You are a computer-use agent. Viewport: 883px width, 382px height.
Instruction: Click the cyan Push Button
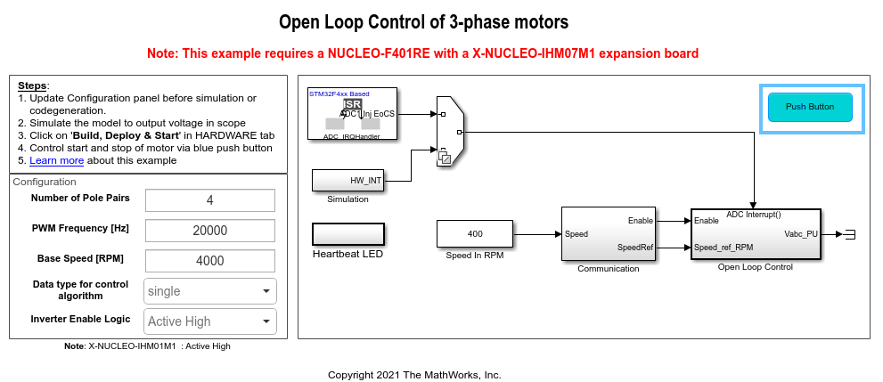tap(810, 107)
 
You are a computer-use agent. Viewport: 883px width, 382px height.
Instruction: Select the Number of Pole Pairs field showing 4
tap(210, 200)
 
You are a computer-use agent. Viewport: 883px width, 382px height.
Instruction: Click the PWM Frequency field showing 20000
tap(210, 231)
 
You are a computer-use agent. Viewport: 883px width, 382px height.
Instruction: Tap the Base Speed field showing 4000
tap(210, 261)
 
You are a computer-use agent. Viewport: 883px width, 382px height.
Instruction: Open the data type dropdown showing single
tap(210, 291)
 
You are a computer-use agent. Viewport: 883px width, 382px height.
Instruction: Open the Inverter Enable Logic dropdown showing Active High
tap(210, 321)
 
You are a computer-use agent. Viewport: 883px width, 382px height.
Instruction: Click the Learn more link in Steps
tap(56, 161)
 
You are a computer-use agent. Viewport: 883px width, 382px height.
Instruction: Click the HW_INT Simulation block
tap(347, 180)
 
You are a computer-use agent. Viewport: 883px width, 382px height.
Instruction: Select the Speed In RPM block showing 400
tap(475, 234)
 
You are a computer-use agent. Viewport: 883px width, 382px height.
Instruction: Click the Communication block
tap(608, 234)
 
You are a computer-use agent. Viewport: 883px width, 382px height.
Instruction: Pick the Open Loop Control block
tap(755, 234)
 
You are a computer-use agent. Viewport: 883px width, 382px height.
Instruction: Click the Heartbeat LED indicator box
tap(347, 234)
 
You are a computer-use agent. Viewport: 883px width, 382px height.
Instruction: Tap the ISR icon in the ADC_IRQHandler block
tap(352, 105)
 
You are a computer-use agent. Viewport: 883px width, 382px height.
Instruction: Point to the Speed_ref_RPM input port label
tap(724, 248)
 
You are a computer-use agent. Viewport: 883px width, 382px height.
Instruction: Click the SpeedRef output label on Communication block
tap(636, 248)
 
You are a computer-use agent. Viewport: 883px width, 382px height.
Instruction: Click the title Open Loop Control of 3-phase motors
tap(423, 21)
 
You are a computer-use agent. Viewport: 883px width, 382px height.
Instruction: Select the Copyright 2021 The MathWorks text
tap(414, 374)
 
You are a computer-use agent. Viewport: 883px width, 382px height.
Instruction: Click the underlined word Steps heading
tap(32, 85)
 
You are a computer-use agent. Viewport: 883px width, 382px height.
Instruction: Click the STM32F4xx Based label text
tap(339, 93)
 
